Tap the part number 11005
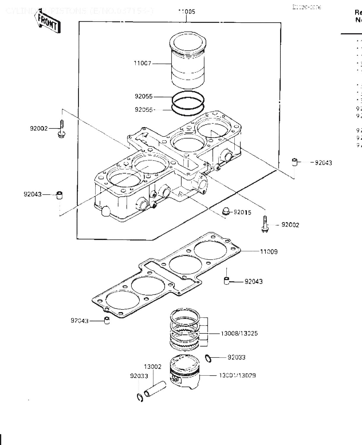click(x=186, y=12)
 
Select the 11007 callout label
click(x=142, y=63)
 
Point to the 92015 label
click(x=242, y=212)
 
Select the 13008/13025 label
click(x=239, y=333)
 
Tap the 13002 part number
click(x=153, y=367)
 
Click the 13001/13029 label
click(x=237, y=375)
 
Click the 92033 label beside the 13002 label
click(x=139, y=376)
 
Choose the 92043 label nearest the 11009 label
click(x=253, y=281)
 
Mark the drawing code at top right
click(x=307, y=7)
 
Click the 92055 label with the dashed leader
click(x=144, y=109)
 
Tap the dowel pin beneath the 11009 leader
click(x=227, y=280)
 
